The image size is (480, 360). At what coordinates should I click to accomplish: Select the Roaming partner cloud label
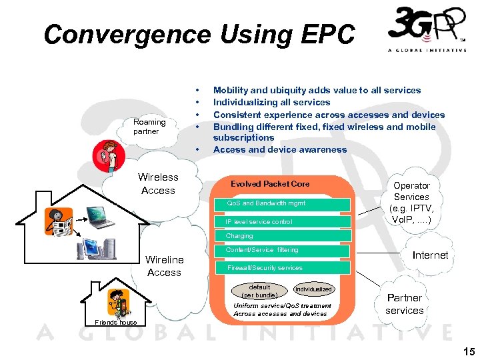click(x=149, y=127)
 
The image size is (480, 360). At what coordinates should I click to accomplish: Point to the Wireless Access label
click(x=158, y=183)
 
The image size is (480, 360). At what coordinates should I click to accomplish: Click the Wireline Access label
click(x=164, y=265)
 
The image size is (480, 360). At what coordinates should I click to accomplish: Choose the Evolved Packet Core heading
click(x=270, y=183)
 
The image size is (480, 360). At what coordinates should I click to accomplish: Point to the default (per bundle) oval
click(x=259, y=291)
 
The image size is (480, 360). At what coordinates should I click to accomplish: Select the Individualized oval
click(x=313, y=289)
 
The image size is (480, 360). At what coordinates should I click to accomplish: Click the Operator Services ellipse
click(x=411, y=202)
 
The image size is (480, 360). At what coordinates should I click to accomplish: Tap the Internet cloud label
click(x=430, y=255)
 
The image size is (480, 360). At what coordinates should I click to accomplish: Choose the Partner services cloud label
click(x=404, y=304)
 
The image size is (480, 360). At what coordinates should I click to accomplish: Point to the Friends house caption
click(x=116, y=323)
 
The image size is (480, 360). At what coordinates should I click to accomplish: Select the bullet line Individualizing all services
click(x=271, y=102)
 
